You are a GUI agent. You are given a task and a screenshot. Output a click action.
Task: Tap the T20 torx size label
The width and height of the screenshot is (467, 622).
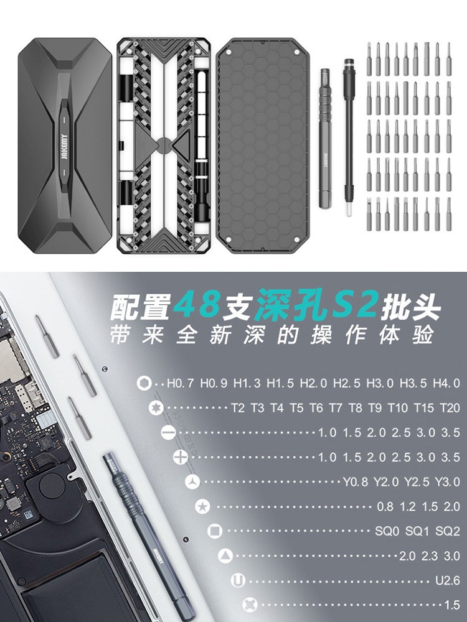click(x=449, y=408)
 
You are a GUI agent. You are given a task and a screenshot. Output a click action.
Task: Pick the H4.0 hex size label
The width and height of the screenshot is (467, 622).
click(x=447, y=383)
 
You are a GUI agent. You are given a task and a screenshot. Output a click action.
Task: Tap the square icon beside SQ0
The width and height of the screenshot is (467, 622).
click(x=215, y=531)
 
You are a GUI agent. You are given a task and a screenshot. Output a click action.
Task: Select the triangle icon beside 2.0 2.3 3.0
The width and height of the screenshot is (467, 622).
click(x=225, y=555)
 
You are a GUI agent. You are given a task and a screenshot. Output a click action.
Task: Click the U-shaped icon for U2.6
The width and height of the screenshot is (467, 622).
click(x=238, y=581)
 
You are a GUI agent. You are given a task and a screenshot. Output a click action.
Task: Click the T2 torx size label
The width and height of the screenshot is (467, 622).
click(x=237, y=408)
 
